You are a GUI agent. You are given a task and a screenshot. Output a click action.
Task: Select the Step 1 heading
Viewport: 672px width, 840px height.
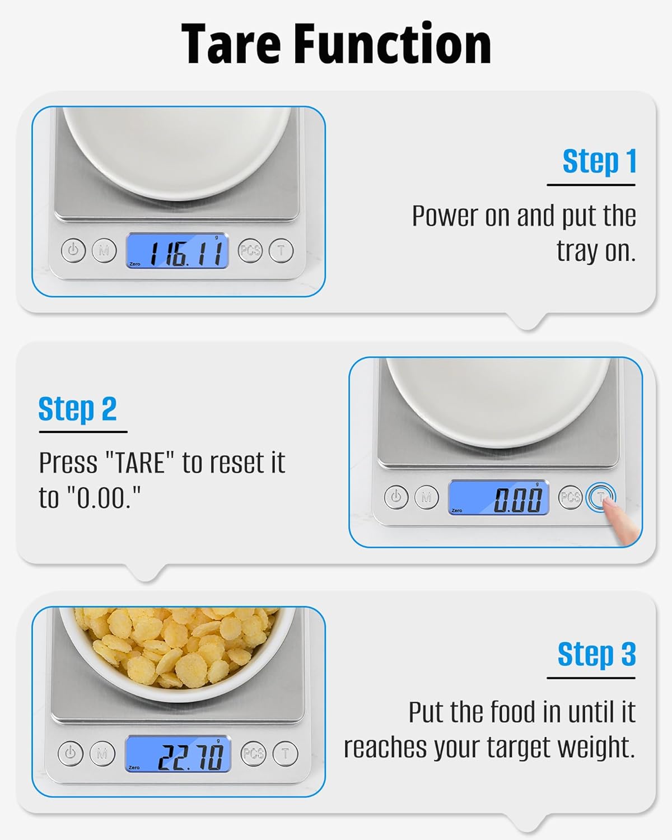pyautogui.click(x=599, y=162)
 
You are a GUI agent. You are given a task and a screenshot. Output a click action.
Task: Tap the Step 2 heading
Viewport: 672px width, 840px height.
pyautogui.click(x=77, y=409)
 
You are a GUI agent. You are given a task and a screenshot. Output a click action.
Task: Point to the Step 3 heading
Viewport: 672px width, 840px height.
pyautogui.click(x=596, y=654)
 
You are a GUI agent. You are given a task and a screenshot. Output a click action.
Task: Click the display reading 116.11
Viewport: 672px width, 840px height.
pyautogui.click(x=177, y=251)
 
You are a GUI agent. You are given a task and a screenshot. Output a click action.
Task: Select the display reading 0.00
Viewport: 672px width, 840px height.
pyautogui.click(x=498, y=498)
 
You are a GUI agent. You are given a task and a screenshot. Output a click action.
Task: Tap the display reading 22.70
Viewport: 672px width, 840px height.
pyautogui.click(x=178, y=754)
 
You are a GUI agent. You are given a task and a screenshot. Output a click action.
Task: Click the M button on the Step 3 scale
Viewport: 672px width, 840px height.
pyautogui.click(x=102, y=753)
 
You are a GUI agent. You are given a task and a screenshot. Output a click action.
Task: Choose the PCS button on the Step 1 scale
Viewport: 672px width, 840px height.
pyautogui.click(x=250, y=250)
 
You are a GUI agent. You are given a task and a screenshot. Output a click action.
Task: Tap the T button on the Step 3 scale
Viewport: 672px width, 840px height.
pyautogui.click(x=285, y=753)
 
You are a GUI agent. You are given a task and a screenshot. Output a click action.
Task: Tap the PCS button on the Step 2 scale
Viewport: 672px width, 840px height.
pyautogui.click(x=570, y=497)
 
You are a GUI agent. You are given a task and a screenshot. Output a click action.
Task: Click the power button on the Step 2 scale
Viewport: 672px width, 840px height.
pyautogui.click(x=396, y=497)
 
